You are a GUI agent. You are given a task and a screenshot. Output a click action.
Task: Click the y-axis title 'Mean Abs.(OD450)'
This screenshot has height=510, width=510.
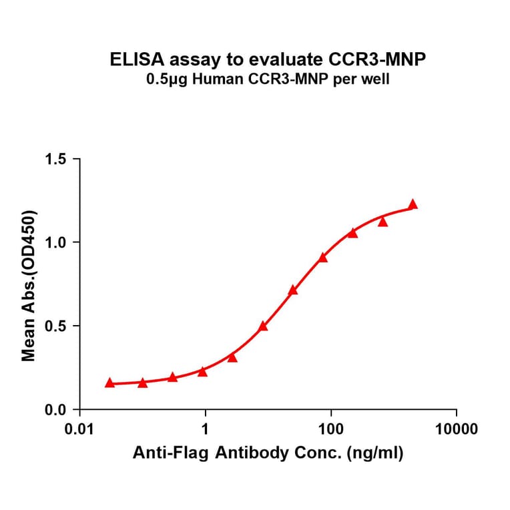[x=29, y=285]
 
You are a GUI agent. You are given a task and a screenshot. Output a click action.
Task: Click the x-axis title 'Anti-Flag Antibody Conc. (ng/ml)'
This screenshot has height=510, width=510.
[x=268, y=455]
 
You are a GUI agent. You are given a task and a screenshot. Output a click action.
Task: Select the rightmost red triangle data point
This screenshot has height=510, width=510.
[x=413, y=205]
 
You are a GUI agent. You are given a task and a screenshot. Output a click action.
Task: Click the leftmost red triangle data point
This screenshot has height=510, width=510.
[x=109, y=382]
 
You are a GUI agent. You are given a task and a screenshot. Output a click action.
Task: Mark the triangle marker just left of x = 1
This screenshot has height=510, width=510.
[x=202, y=372]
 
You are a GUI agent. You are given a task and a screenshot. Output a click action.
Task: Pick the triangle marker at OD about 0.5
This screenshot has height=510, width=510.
[x=263, y=326]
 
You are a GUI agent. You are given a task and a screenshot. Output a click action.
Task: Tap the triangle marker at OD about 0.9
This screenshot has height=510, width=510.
[x=323, y=258]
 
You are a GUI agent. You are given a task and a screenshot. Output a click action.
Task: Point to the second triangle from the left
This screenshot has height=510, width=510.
[x=142, y=382]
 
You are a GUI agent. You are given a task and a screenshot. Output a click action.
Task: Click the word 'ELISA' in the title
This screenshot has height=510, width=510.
[x=131, y=60]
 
